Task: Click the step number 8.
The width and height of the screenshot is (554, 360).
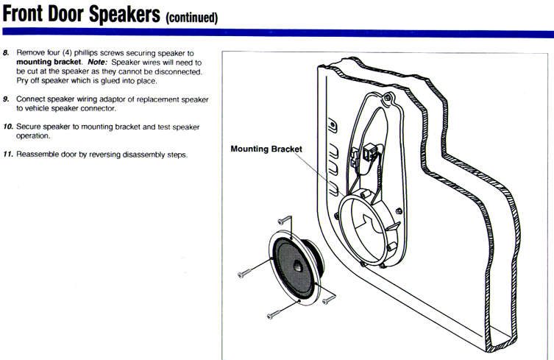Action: coord(7,55)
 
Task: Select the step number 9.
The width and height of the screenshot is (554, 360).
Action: coord(7,99)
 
